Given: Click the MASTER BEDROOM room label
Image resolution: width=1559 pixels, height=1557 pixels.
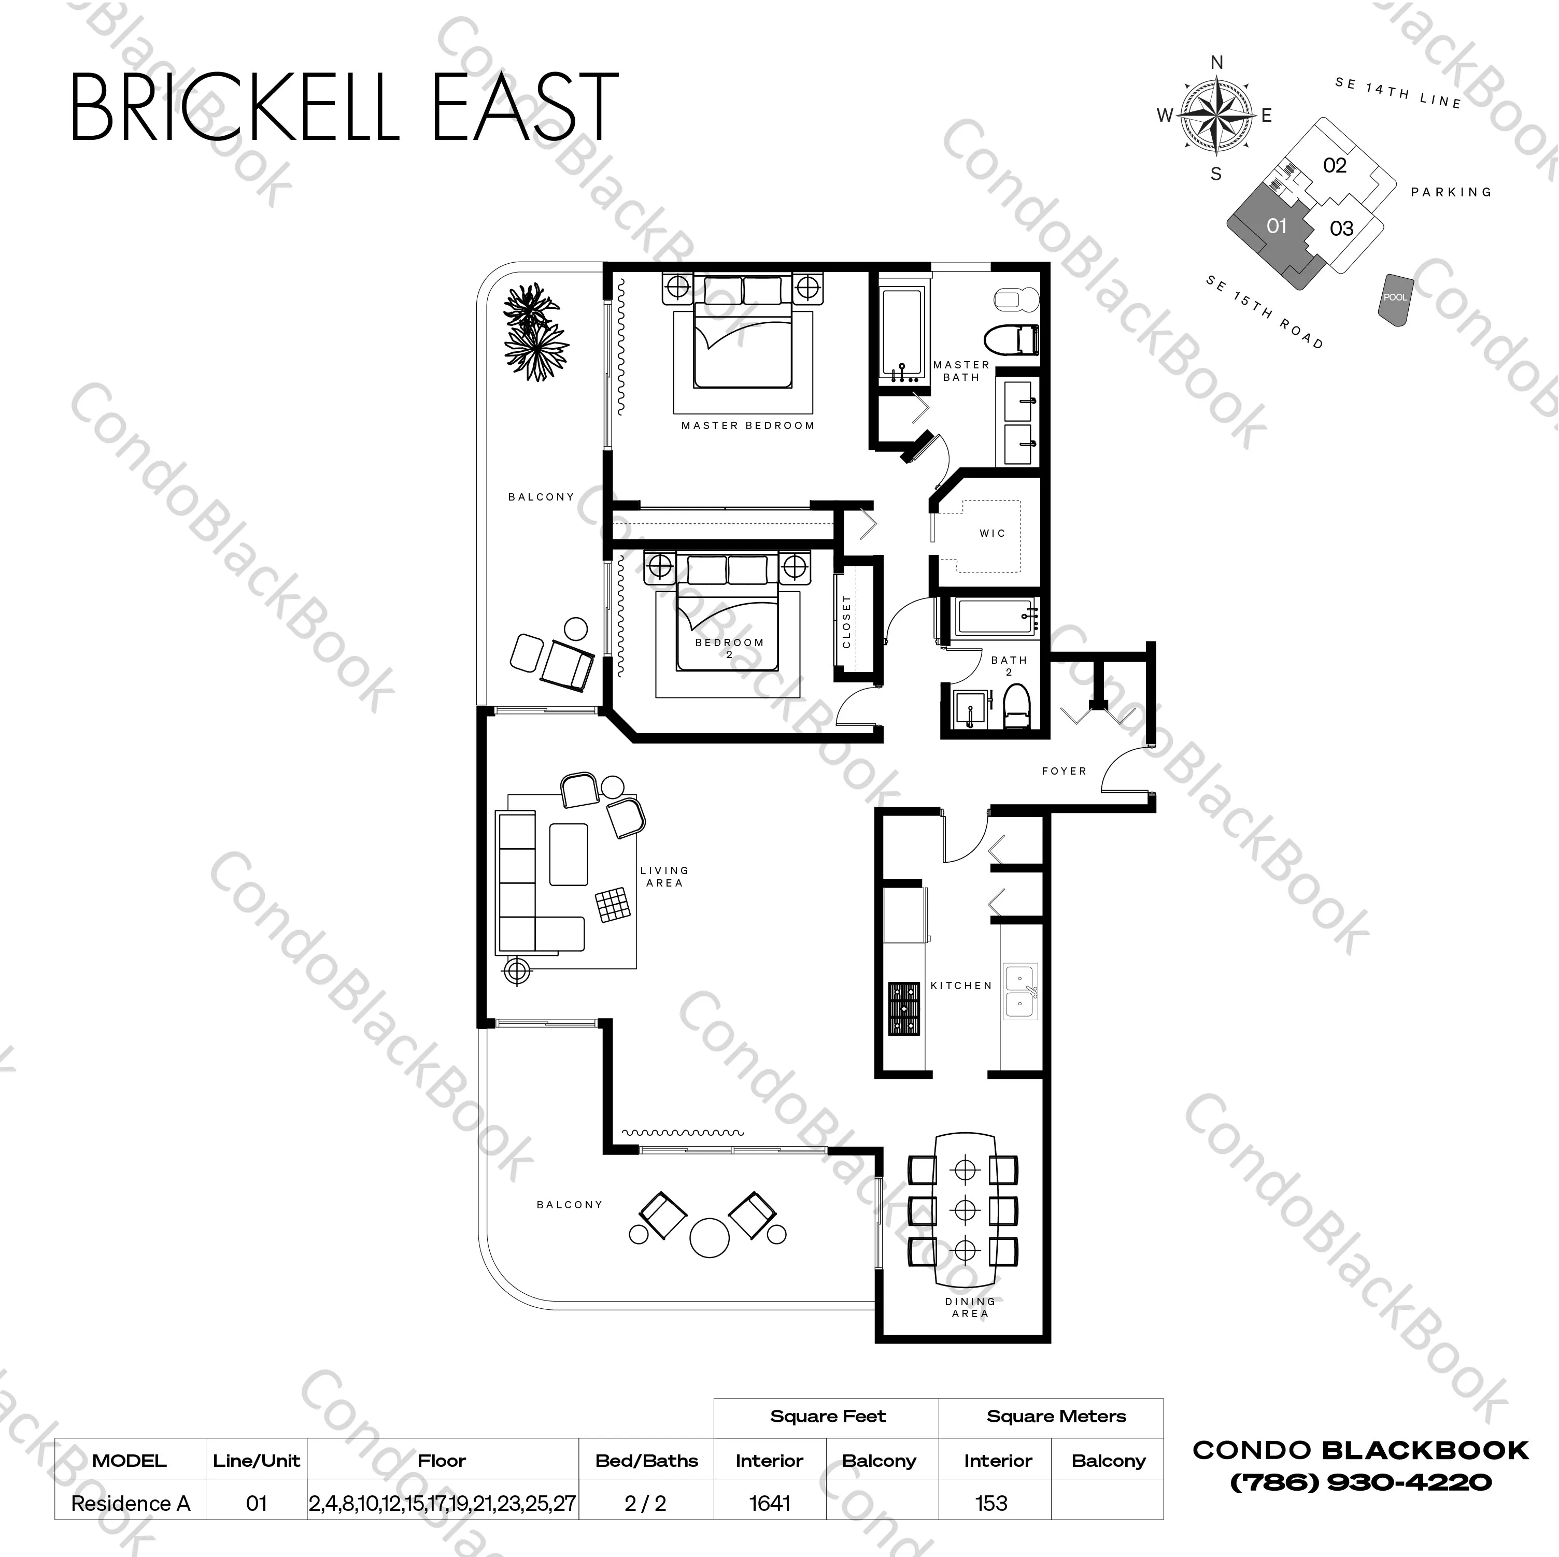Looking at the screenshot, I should click(x=747, y=425).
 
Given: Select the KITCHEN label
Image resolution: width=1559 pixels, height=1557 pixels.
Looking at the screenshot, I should click(x=960, y=985).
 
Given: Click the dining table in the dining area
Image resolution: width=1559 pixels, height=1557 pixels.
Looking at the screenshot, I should click(x=965, y=1209).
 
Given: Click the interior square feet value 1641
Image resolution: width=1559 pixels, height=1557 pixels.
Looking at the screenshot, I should click(x=769, y=1503).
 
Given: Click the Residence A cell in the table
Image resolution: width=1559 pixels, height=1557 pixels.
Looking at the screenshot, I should click(x=130, y=1503).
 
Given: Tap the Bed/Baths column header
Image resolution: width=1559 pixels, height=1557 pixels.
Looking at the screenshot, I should click(x=646, y=1460).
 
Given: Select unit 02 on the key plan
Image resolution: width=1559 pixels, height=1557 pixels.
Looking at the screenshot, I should click(x=1335, y=165).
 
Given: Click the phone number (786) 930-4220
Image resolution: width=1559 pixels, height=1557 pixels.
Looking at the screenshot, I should click(x=1360, y=1482).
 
